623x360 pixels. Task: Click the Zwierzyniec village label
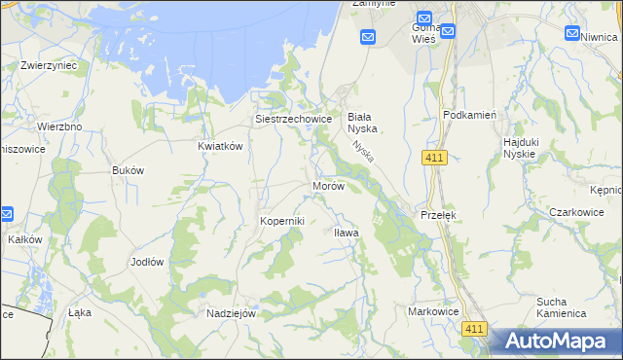click(49, 66)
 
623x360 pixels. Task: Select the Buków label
click(128, 169)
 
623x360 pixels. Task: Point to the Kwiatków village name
click(219, 145)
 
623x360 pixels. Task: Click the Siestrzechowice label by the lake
click(293, 119)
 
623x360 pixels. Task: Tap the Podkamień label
click(470, 114)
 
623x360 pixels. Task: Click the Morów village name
click(328, 185)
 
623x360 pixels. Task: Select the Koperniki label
click(281, 221)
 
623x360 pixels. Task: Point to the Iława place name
click(347, 233)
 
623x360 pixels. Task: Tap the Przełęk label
click(437, 214)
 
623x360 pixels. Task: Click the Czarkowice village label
click(576, 211)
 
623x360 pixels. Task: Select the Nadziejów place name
click(231, 313)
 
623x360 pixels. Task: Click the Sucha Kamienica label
click(561, 307)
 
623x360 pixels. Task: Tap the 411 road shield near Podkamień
click(435, 158)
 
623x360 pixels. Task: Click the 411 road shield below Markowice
click(474, 330)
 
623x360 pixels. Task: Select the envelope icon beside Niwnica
click(572, 33)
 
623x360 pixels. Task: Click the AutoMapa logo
click(554, 341)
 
